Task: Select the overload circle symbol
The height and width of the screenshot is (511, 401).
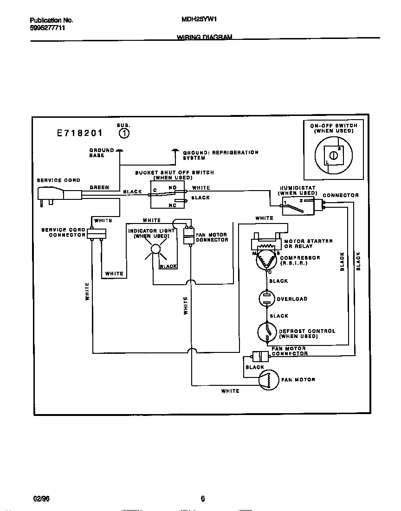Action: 267,299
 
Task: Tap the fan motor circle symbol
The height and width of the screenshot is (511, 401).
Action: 268,379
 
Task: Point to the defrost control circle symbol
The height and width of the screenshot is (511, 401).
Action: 267,332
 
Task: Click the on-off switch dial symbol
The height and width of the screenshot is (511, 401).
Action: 332,155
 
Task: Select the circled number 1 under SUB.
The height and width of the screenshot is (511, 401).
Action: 124,134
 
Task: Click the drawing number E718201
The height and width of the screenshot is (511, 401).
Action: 80,134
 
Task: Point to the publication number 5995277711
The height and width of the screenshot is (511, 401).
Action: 47,28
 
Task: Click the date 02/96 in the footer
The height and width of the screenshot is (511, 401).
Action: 41,499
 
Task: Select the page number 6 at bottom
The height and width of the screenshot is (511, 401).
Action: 203,499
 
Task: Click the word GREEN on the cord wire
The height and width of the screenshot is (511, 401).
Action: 99,187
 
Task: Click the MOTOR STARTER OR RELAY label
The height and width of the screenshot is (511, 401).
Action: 308,243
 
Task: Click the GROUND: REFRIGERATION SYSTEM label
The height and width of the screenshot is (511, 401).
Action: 220,155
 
